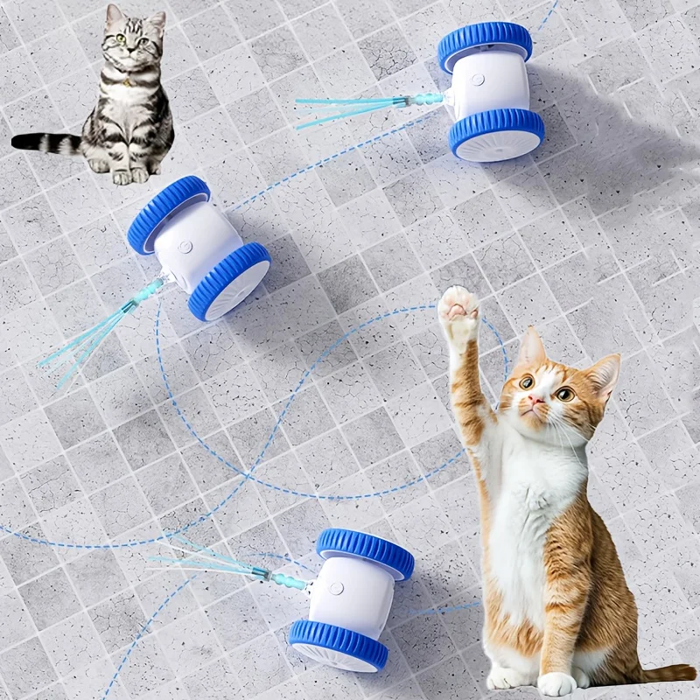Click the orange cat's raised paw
click(x=458, y=311)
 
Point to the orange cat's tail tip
click(x=678, y=672)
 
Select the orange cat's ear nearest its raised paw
click(x=529, y=349)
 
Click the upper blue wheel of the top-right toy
click(x=485, y=44)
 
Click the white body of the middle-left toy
click(x=197, y=241)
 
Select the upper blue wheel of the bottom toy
click(x=365, y=550)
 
